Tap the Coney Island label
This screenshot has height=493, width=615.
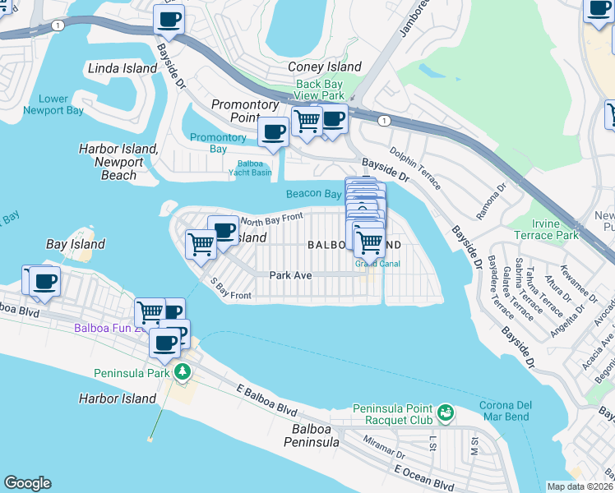tap(325, 67)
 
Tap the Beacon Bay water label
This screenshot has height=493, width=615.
tap(313, 194)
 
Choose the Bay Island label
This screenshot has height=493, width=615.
tap(76, 244)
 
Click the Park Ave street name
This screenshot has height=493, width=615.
tap(290, 275)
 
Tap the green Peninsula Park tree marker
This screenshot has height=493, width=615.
tap(182, 372)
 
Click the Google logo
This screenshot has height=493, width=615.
tap(27, 483)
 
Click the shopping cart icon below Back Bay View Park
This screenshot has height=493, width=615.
tap(307, 121)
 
